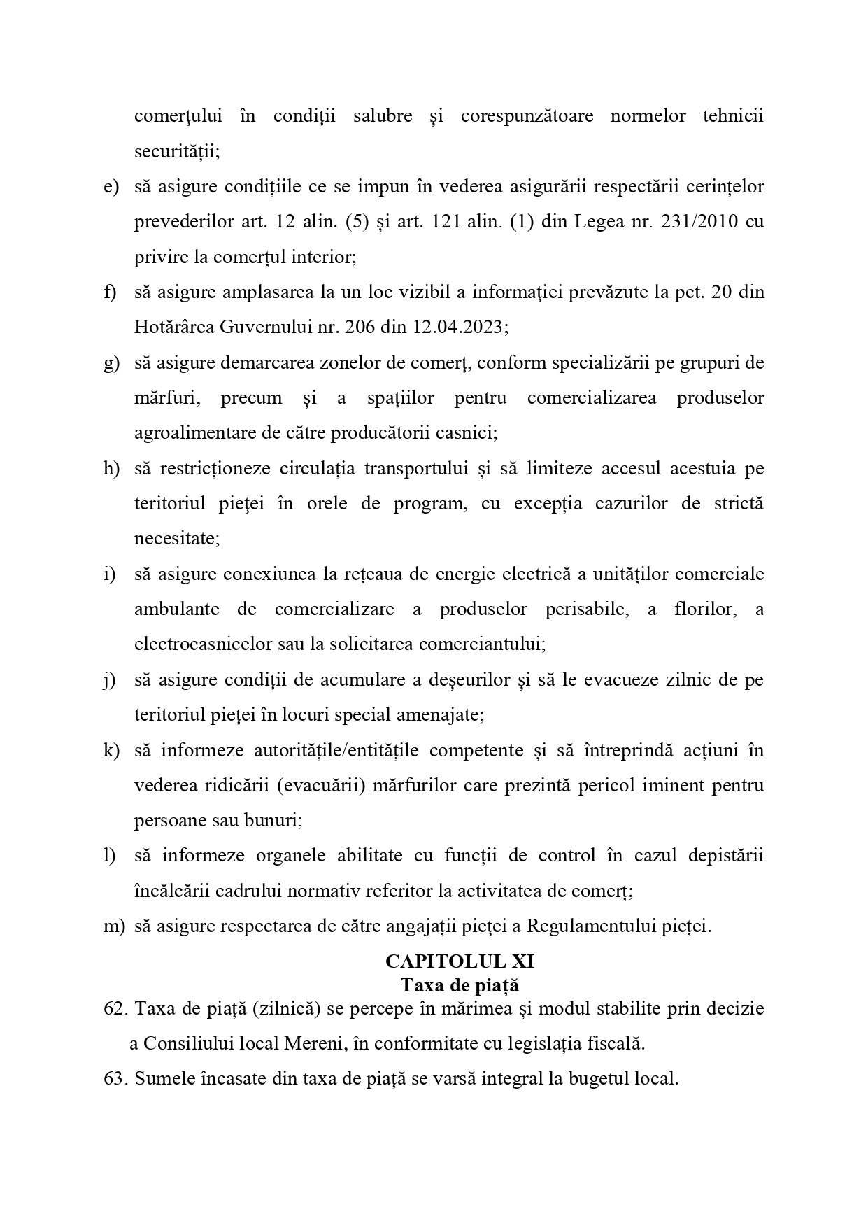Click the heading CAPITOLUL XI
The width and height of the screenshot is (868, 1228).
pos(460,961)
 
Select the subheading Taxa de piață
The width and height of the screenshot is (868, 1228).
pos(460,984)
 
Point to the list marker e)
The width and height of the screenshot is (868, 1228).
pos(111,187)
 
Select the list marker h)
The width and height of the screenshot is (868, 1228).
pos(111,468)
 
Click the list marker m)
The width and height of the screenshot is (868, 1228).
pos(113,926)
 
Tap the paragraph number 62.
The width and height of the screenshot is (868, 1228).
pos(115,1008)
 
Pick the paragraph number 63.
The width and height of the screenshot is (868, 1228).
pos(115,1078)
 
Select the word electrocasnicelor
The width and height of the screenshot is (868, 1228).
pos(203,643)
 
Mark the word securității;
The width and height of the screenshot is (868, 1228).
pos(177,151)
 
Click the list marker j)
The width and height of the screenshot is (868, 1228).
pos(110,679)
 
